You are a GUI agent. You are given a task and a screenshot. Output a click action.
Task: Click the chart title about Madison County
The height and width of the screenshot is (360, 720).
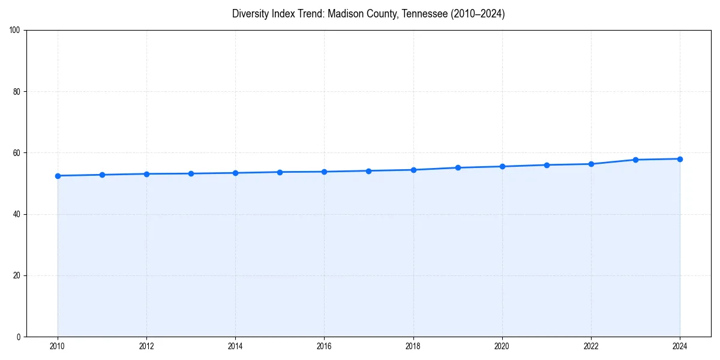point(368,14)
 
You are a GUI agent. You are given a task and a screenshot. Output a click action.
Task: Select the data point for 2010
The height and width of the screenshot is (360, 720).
point(58,176)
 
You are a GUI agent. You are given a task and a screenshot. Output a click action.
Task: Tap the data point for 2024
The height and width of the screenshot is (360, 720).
point(680,159)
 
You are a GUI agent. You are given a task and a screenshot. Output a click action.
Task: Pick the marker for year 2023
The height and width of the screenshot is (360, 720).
point(635,160)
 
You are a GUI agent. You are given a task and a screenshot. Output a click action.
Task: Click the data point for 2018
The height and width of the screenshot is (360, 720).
point(413,170)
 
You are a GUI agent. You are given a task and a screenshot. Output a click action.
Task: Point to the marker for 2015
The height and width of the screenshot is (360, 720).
point(280,172)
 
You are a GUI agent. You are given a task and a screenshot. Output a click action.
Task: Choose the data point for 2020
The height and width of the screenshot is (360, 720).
point(502,166)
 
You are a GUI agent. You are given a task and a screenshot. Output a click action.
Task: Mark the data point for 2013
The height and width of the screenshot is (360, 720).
point(191,173)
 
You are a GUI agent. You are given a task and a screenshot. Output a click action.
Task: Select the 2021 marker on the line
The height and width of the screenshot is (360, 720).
point(547,165)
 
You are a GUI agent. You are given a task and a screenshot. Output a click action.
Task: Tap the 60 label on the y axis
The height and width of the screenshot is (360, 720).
point(17,153)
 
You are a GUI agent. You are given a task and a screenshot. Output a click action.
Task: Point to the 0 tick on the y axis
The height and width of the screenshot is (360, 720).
point(19,337)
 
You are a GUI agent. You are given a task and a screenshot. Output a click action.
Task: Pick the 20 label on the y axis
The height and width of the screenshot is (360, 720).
point(17,275)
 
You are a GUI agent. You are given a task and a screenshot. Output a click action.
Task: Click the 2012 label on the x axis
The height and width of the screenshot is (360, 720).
point(146,346)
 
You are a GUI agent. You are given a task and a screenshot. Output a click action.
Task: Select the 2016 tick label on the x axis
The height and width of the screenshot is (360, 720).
point(324,346)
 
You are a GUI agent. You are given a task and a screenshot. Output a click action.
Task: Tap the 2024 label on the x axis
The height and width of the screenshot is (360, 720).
point(680,346)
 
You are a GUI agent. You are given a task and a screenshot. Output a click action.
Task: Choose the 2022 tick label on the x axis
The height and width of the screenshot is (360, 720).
point(591,346)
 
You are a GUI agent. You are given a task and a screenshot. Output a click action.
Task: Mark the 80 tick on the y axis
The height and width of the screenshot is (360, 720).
point(17,92)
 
